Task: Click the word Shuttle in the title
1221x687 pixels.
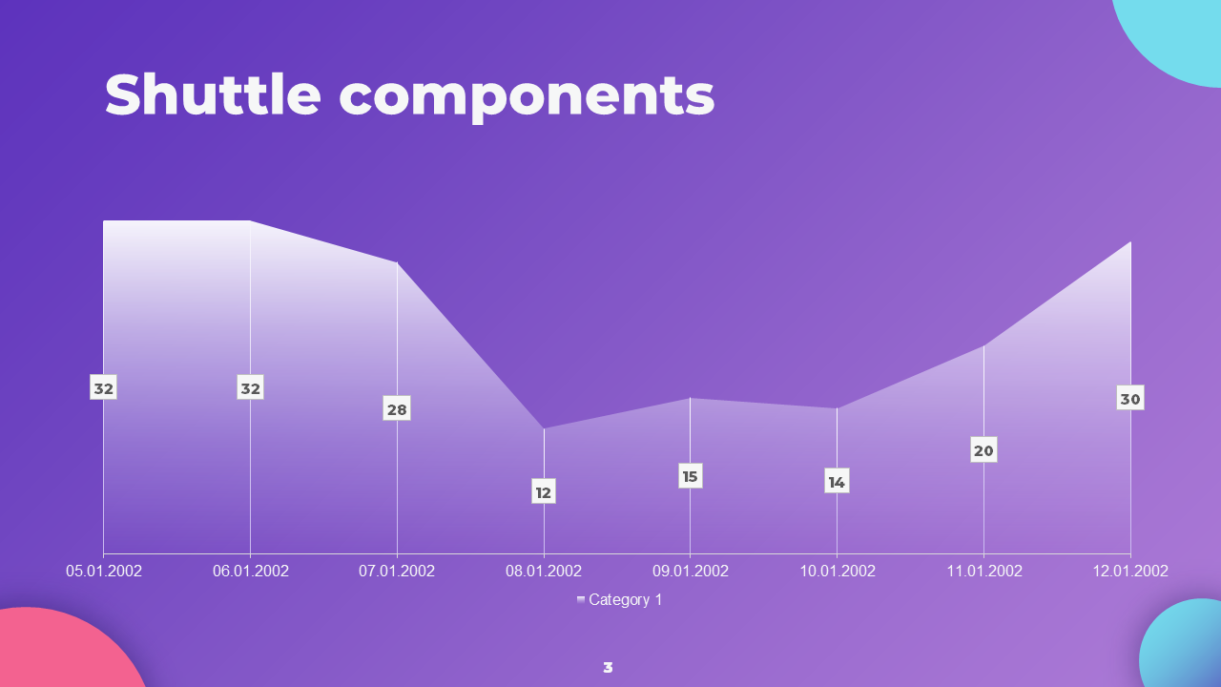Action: pos(213,94)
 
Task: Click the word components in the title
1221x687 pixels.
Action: pos(527,98)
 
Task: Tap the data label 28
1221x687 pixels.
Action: pos(397,408)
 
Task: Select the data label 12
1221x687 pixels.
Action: pos(544,491)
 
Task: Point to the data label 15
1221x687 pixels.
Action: pos(690,476)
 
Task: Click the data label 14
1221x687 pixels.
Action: pos(837,481)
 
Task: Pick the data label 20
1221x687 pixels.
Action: pos(983,449)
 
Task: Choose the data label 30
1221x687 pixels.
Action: pos(1130,398)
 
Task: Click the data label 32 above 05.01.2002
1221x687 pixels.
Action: pos(104,387)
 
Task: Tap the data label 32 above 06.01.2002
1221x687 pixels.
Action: pos(250,387)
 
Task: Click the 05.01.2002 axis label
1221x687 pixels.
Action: pos(104,571)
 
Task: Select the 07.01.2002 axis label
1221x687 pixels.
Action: pos(397,571)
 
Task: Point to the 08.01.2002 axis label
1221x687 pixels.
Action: pos(544,571)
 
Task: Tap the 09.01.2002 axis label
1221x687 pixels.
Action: pos(690,571)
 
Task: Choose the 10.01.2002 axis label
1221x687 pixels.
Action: pos(837,571)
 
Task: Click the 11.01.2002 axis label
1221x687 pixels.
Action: pos(983,571)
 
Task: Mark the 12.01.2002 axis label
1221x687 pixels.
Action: pos(1130,571)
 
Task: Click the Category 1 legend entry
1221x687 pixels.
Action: pos(619,600)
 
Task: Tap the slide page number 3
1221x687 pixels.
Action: pos(608,667)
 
